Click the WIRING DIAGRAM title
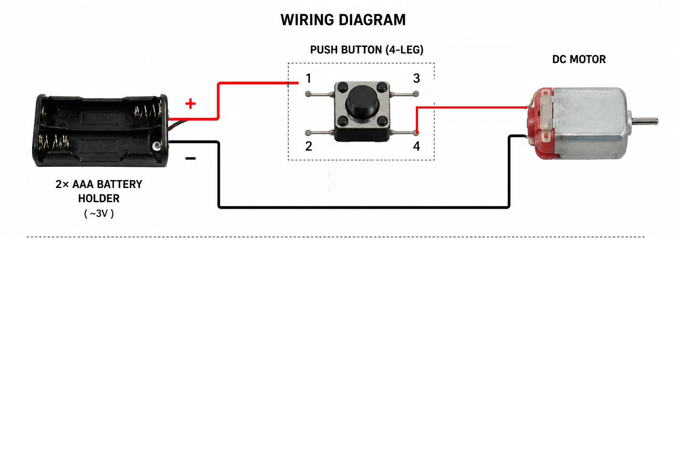click(343, 20)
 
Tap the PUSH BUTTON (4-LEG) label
click(366, 49)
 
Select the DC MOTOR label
click(579, 59)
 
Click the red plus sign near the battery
click(190, 104)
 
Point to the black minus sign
click(190, 158)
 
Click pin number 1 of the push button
click(309, 79)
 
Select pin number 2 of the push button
click(309, 146)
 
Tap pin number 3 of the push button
click(417, 79)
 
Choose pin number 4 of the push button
click(417, 146)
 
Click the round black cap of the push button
click(362, 102)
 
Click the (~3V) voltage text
click(99, 214)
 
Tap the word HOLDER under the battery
click(99, 199)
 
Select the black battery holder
click(101, 131)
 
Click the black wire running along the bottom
click(363, 207)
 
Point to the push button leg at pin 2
click(320, 132)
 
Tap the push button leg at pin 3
click(404, 94)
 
